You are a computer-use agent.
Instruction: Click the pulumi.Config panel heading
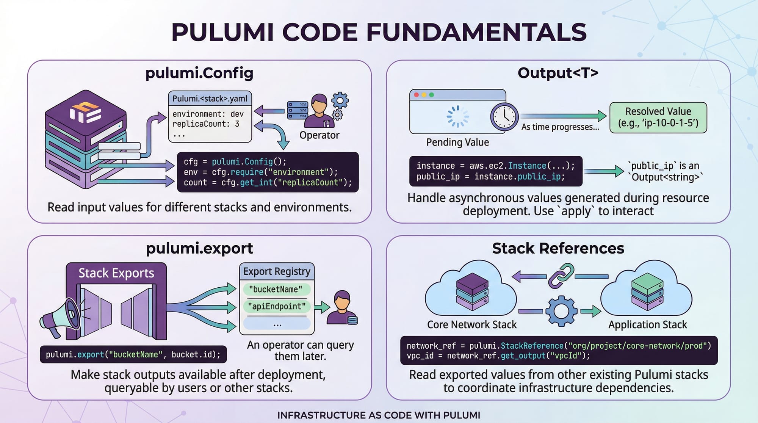[x=199, y=73]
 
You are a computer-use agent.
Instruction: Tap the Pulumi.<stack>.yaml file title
[x=210, y=99]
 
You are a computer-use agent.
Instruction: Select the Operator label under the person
[x=319, y=135]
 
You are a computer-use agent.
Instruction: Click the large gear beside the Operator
[x=340, y=100]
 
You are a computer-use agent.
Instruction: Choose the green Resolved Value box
[x=658, y=117]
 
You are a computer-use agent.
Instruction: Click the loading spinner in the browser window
[x=457, y=116]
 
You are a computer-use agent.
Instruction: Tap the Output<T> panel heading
[x=558, y=73]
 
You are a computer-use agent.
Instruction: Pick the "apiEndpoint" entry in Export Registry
[x=277, y=306]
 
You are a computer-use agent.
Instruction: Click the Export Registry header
[x=277, y=271]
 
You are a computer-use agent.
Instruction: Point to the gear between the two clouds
[x=561, y=311]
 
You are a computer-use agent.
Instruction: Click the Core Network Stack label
[x=472, y=325]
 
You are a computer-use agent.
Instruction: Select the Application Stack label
[x=647, y=325]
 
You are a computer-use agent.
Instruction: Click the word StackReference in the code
[x=532, y=346]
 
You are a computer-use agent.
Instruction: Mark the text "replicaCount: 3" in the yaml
[x=206, y=124]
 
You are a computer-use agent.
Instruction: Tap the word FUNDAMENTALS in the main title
[x=476, y=32]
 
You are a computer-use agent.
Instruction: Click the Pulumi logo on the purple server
[x=85, y=113]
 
